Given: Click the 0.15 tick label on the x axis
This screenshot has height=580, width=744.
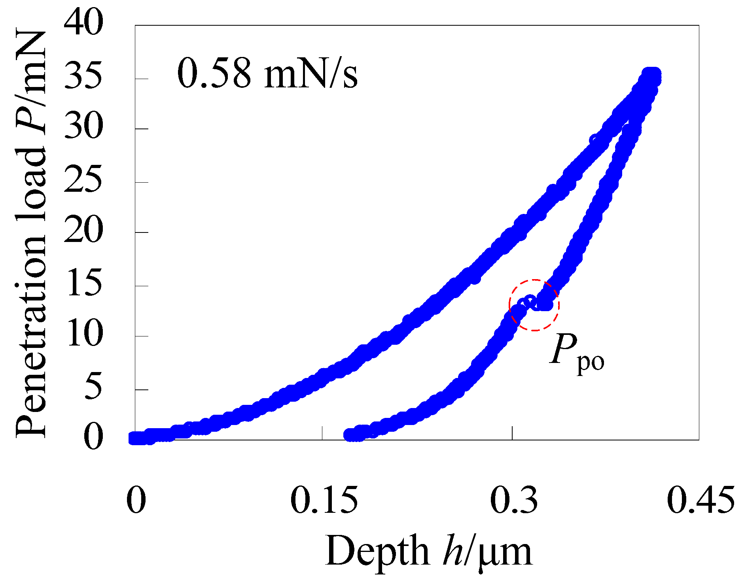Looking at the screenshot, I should pyautogui.click(x=324, y=500).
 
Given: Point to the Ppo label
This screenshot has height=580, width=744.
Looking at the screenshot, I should pyautogui.click(x=577, y=353).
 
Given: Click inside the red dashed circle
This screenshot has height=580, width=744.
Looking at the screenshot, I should pyautogui.click(x=534, y=305).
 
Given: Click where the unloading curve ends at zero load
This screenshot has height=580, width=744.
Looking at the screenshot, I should pyautogui.click(x=350, y=435).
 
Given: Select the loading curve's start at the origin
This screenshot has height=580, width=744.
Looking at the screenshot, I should pyautogui.click(x=136, y=438).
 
